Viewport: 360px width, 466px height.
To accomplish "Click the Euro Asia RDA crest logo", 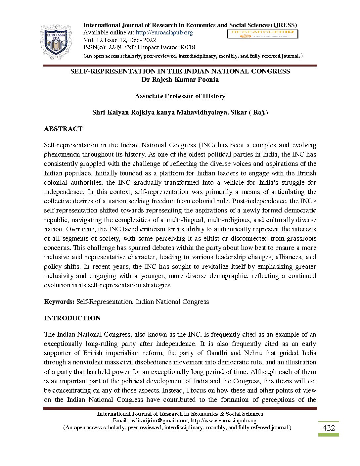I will click(56, 41).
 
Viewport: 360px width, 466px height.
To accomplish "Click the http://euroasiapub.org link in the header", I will click(164, 32).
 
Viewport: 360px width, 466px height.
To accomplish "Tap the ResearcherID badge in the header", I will click(262, 34).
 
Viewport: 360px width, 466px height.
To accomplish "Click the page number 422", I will click(328, 428).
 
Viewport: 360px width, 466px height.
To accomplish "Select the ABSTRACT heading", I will click(63, 129).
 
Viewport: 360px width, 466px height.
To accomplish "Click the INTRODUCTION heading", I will click(72, 318).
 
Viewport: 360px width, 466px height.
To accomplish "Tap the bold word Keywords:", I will click(60, 302).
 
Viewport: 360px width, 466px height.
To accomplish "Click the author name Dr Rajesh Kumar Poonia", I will click(180, 79).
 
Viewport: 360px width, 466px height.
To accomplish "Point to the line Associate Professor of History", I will click(180, 96).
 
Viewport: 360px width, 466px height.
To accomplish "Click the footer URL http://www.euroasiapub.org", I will click(223, 420).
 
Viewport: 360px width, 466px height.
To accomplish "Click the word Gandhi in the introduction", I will click(217, 353).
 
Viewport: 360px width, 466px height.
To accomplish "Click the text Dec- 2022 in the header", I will click(143, 40).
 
